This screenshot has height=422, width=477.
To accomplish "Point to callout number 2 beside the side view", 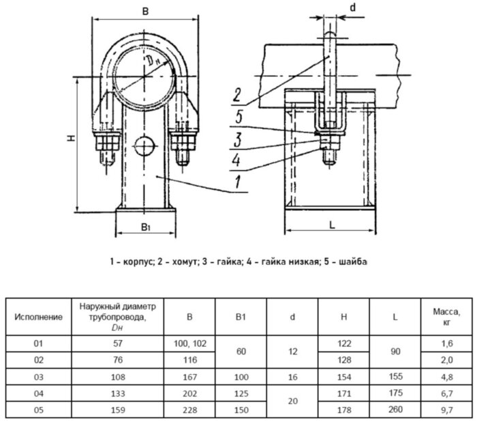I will (x=236, y=94).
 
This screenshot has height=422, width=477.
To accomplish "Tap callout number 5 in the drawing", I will (x=236, y=117).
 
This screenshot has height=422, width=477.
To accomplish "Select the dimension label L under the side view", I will (x=329, y=223).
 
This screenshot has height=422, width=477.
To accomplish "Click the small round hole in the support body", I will (x=144, y=145).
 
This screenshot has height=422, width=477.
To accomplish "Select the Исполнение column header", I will (x=39, y=317).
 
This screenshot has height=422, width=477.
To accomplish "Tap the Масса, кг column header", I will (x=446, y=316).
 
